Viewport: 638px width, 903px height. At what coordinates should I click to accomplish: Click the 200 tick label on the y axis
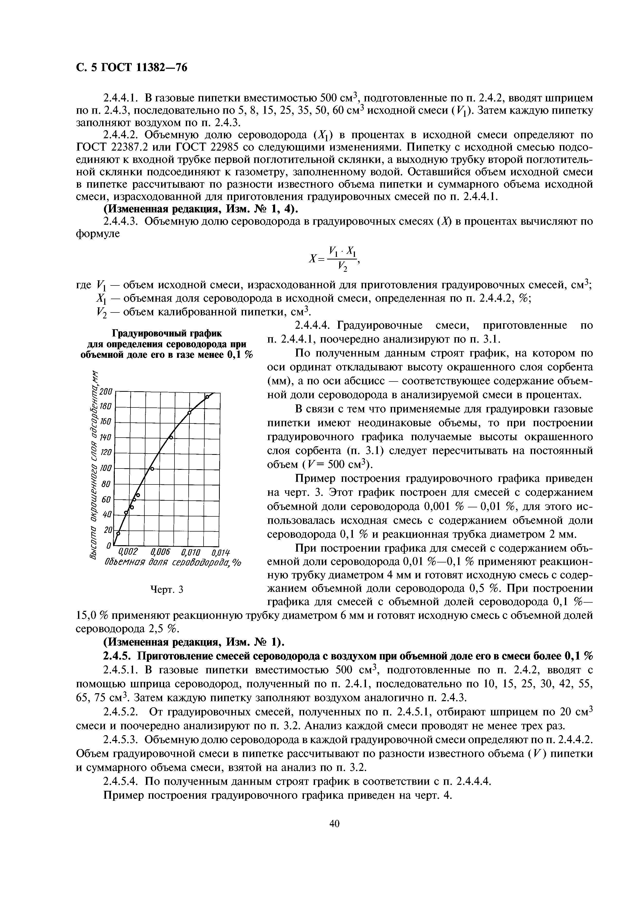tap(106, 391)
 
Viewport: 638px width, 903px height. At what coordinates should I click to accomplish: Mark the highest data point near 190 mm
tap(207, 397)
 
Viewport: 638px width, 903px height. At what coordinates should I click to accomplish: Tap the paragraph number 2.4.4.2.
tap(121, 135)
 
